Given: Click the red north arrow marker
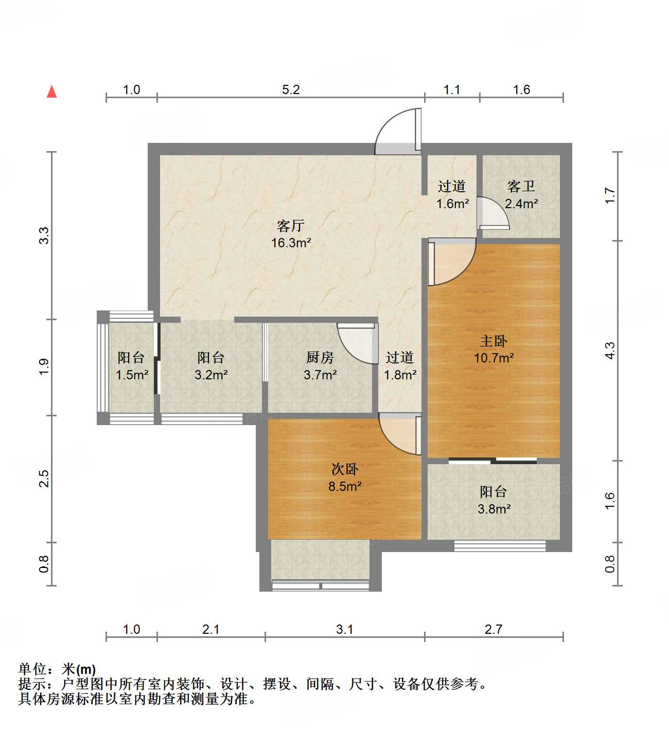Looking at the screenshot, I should pyautogui.click(x=51, y=91).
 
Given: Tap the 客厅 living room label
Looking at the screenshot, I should pyautogui.click(x=291, y=226).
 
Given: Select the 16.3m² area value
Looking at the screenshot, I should pyautogui.click(x=291, y=243).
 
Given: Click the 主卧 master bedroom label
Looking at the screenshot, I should pyautogui.click(x=494, y=341).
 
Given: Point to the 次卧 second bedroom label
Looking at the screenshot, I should pyautogui.click(x=344, y=469).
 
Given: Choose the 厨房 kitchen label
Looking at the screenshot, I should pyautogui.click(x=320, y=357).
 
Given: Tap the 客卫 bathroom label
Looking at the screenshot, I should pyautogui.click(x=521, y=186).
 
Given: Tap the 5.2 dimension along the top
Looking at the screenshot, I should pyautogui.click(x=291, y=90).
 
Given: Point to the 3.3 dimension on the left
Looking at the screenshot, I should pyautogui.click(x=44, y=235).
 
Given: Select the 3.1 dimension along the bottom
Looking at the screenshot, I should pyautogui.click(x=344, y=629).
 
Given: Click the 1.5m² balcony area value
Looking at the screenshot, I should pyautogui.click(x=132, y=375).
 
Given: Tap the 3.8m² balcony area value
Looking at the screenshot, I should pyautogui.click(x=494, y=509).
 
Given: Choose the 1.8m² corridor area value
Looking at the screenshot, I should pyautogui.click(x=400, y=375).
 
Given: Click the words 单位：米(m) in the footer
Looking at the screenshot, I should pyautogui.click(x=57, y=669).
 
